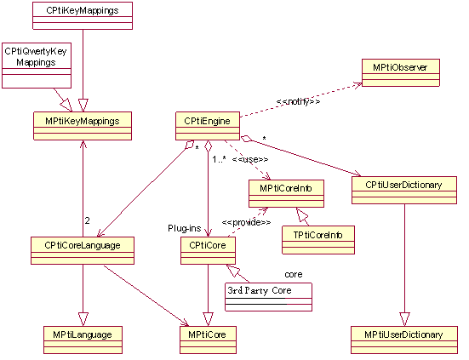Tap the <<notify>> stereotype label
[298, 102]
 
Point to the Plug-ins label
[183, 229]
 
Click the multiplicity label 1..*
[220, 158]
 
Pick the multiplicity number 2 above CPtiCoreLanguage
[87, 221]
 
